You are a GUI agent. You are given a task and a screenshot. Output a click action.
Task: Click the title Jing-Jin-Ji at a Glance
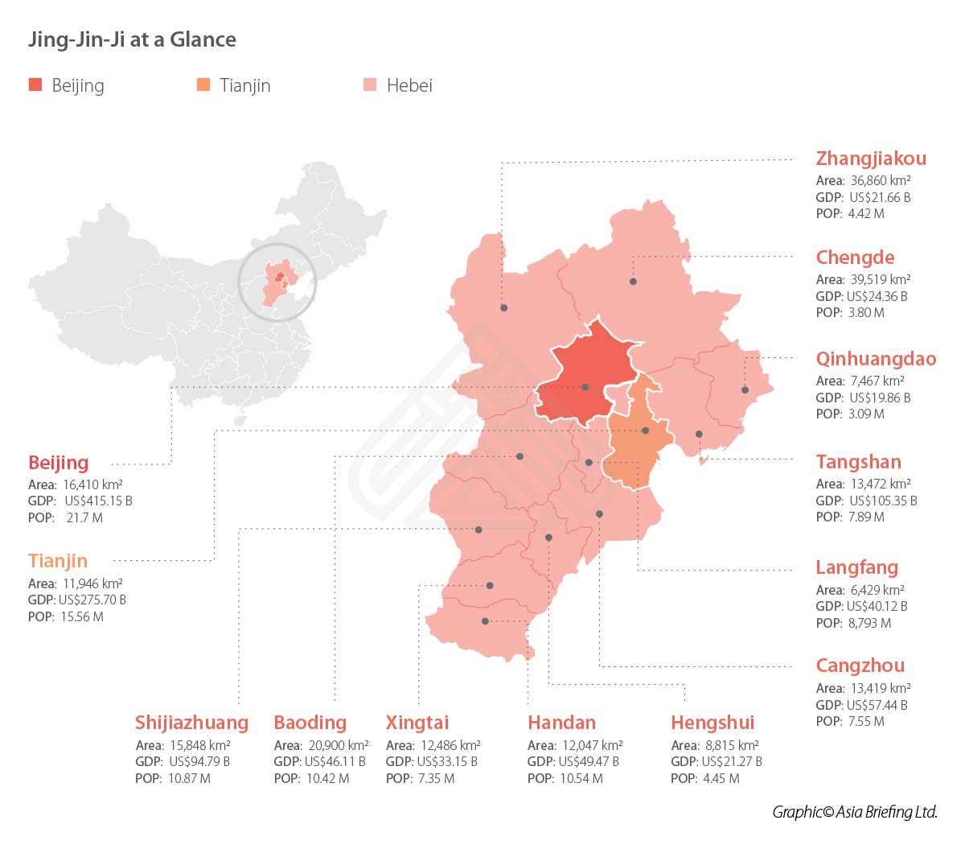[132, 39]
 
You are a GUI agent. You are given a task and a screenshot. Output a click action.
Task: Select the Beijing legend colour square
[35, 84]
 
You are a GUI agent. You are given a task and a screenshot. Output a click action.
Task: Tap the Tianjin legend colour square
[203, 84]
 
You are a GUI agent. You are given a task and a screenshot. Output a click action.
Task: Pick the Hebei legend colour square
[370, 84]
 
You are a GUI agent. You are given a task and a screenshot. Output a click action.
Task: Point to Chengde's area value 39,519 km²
[881, 279]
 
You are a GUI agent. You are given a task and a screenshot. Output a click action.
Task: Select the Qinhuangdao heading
[876, 359]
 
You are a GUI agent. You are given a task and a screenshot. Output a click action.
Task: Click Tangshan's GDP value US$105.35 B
[883, 501]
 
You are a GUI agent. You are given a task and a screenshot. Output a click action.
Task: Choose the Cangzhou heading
[860, 666]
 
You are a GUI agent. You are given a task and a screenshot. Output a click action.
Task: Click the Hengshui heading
[712, 723]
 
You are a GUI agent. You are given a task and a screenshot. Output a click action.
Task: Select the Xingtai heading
[417, 723]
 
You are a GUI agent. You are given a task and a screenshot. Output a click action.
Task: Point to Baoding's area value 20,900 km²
[339, 745]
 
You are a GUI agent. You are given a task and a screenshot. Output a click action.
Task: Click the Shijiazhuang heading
[191, 723]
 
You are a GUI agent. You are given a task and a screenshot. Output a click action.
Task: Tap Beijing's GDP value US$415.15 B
[98, 501]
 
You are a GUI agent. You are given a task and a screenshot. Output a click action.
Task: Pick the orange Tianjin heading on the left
[58, 561]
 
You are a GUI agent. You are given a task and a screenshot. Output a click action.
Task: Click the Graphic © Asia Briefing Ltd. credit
[855, 812]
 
